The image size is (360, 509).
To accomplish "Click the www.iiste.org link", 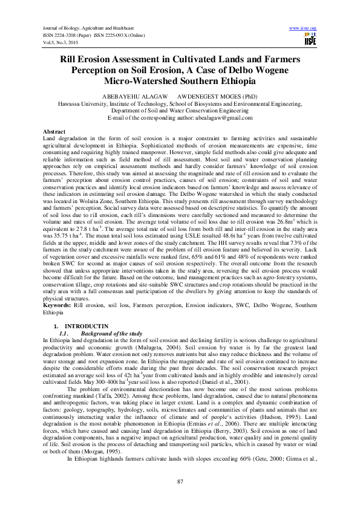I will (304, 28).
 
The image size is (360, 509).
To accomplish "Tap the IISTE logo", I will (310, 39).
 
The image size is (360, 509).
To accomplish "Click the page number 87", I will (180, 481).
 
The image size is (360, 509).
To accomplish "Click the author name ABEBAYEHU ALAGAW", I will (131, 96).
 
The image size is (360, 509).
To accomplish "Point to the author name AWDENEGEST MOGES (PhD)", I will (212, 96).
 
